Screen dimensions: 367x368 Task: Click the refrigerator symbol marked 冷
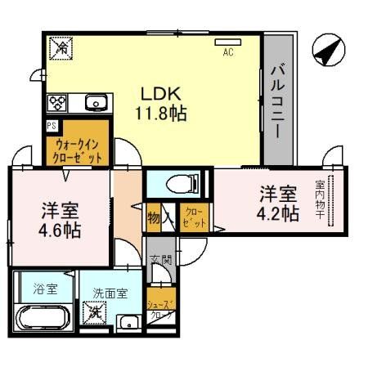pos(61,48)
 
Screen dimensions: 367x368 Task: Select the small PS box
pos(52,125)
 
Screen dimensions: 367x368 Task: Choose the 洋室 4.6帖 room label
pos(61,218)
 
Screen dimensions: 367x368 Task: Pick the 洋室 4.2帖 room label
pos(279,204)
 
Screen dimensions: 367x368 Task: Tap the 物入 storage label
pos(159,217)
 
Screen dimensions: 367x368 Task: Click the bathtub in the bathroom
pos(43,316)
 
